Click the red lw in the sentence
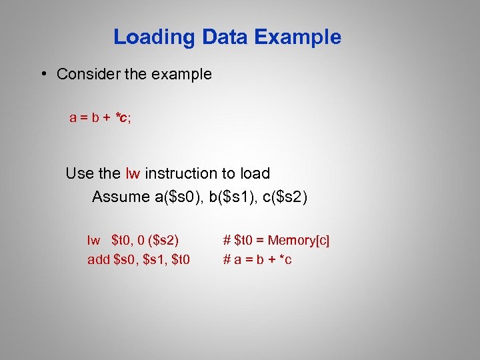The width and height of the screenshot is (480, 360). [x=133, y=174]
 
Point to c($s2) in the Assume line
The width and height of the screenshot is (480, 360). [x=281, y=197]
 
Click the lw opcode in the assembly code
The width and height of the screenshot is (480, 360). [x=93, y=240]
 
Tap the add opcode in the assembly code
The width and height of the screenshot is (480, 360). [x=99, y=259]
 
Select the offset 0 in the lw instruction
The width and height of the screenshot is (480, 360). [x=139, y=240]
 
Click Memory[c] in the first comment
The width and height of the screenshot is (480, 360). [x=298, y=240]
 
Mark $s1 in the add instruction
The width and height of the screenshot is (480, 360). [x=154, y=259]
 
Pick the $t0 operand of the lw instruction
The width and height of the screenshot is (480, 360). [x=121, y=240]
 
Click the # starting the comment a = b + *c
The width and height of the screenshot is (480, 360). [x=227, y=259]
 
